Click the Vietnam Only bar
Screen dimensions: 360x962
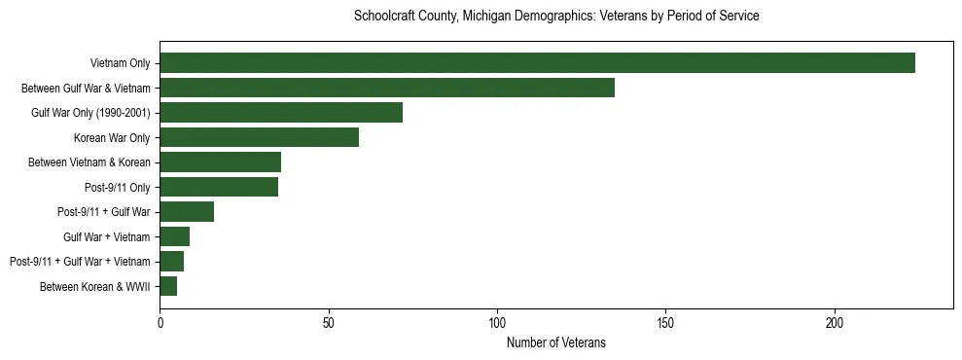coord(537,63)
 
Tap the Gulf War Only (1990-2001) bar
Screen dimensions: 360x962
coord(281,113)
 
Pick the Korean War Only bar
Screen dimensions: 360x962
coord(259,137)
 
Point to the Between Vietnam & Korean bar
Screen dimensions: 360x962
coord(220,162)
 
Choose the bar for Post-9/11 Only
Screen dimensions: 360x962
coord(219,187)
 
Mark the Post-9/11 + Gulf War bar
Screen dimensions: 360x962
coord(187,212)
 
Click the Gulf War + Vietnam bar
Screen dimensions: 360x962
coord(175,236)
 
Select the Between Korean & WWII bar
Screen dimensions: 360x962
coord(168,286)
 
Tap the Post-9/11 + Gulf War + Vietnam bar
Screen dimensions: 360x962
coord(172,262)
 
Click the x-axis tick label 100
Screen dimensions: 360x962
coord(497,322)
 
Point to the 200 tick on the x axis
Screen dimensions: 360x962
coord(835,322)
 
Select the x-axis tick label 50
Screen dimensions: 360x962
coord(329,322)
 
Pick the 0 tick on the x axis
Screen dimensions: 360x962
coord(160,322)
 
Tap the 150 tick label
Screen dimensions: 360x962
coord(665,322)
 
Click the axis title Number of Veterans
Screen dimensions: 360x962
coord(555,342)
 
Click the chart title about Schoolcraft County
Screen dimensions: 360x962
coord(556,17)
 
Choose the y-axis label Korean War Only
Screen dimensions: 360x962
coord(112,138)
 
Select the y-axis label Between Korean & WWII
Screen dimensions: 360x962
coord(95,287)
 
